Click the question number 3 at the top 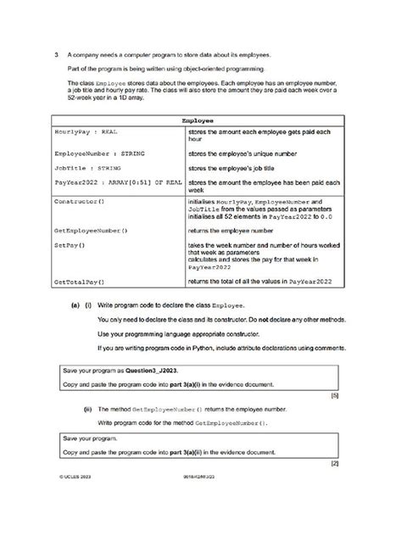click(x=53, y=53)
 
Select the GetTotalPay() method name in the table click(x=79, y=281)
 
